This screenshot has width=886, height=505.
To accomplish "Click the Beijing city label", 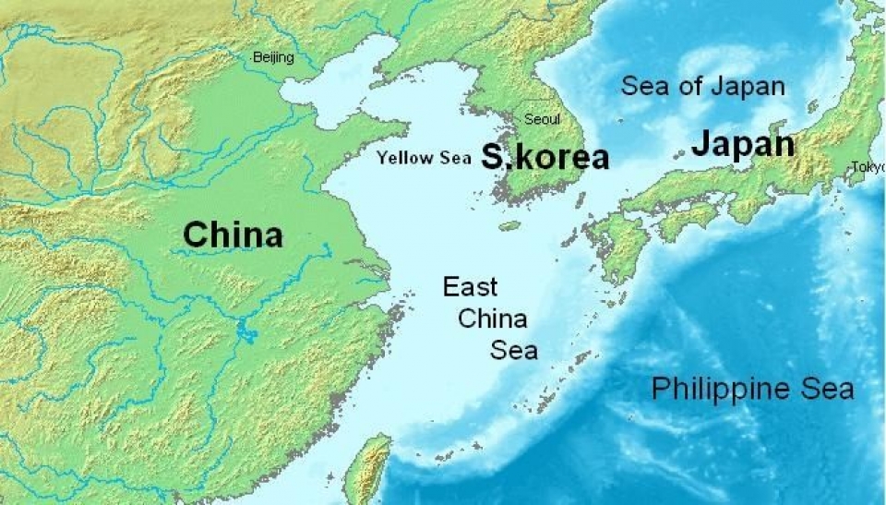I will [x=273, y=58].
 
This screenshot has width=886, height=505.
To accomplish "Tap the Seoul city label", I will [x=542, y=119].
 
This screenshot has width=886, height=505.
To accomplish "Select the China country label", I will [x=233, y=234].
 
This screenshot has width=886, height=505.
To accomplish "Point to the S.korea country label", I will [x=545, y=158].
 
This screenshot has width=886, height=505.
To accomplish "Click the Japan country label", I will [x=742, y=144].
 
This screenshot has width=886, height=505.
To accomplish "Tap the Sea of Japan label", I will [x=702, y=87].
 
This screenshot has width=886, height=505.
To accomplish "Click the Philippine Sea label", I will [x=752, y=389].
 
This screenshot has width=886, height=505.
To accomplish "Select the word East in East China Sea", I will [x=470, y=287].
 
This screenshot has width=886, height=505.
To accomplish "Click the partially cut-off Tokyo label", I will [x=868, y=167].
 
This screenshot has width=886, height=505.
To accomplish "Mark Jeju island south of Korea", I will [x=509, y=225].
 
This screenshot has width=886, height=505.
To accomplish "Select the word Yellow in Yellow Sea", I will [x=404, y=158].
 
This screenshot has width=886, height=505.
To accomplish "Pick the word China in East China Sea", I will [x=493, y=319].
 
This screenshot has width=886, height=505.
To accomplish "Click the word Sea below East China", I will [x=513, y=351].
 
